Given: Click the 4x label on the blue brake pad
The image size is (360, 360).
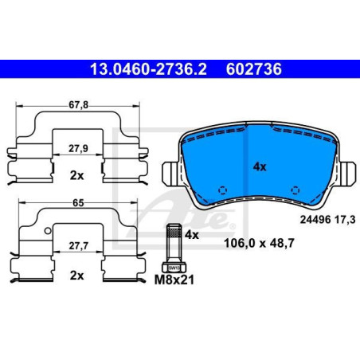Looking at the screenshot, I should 259,166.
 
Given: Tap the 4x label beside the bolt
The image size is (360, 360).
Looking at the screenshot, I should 191,235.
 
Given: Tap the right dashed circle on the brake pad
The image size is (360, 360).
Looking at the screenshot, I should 295,190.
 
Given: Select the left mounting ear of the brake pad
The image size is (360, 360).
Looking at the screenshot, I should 170,170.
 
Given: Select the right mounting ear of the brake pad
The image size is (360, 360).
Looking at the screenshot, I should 348,170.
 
